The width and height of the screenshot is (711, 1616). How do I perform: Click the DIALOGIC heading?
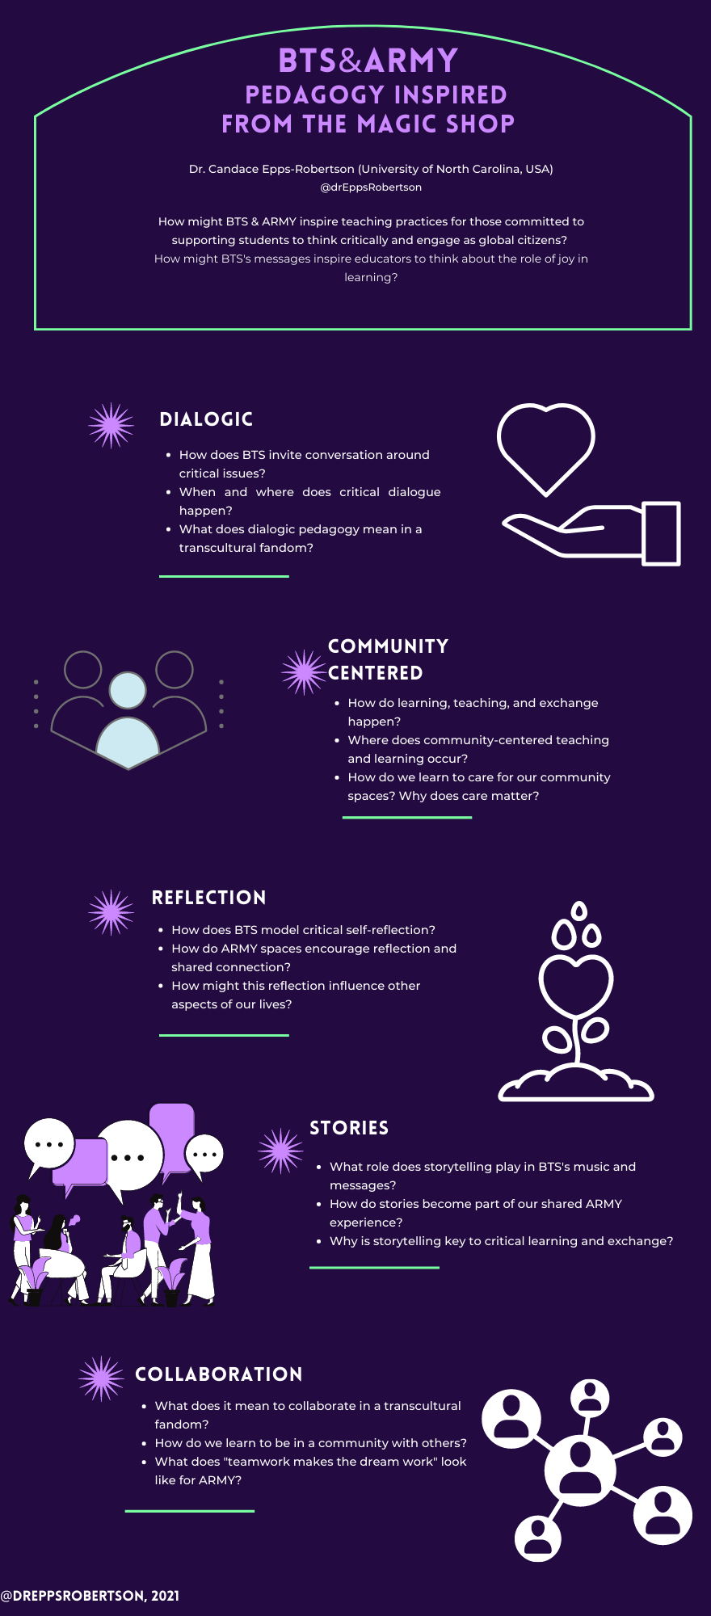(x=206, y=419)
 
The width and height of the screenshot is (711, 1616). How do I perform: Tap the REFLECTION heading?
(x=208, y=898)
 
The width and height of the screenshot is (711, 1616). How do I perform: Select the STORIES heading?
(x=349, y=1128)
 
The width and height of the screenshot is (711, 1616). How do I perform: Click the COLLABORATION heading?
(x=219, y=1374)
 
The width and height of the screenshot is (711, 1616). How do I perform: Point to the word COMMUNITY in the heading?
(x=388, y=646)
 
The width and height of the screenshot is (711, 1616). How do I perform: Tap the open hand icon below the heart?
(x=591, y=532)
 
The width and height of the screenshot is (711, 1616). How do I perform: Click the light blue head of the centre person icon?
(x=128, y=690)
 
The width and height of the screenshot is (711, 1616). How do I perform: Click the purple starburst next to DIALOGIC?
(x=111, y=425)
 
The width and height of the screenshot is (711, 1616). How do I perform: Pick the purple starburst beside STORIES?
(x=281, y=1151)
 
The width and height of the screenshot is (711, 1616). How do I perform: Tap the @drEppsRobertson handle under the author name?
(x=371, y=187)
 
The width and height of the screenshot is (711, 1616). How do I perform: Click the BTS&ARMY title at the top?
(x=368, y=61)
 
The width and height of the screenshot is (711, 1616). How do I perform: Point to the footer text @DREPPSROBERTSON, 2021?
(x=90, y=1596)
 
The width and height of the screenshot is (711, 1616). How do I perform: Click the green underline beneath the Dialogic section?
(x=224, y=576)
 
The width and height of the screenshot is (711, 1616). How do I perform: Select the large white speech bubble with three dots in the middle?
(x=129, y=1156)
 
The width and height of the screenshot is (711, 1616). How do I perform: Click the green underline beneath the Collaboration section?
(x=190, y=1510)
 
